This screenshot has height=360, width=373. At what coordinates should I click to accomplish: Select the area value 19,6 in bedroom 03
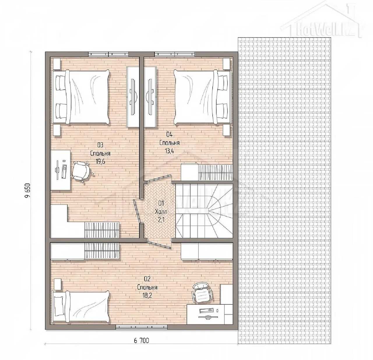(101, 162)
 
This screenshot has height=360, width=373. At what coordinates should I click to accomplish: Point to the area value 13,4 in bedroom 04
(169, 151)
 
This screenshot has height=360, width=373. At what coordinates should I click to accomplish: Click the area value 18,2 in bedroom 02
(147, 296)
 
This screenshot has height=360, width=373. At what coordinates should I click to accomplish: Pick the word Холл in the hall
(161, 212)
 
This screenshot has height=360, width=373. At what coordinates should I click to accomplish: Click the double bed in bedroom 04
(203, 97)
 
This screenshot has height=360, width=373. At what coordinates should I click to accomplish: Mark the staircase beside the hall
(204, 211)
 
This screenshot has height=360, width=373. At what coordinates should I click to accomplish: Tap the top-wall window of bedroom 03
(108, 54)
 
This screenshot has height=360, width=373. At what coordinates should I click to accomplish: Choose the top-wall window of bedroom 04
(175, 54)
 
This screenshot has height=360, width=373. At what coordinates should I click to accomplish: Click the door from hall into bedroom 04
(158, 178)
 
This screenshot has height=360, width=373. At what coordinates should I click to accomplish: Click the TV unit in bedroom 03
(133, 97)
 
